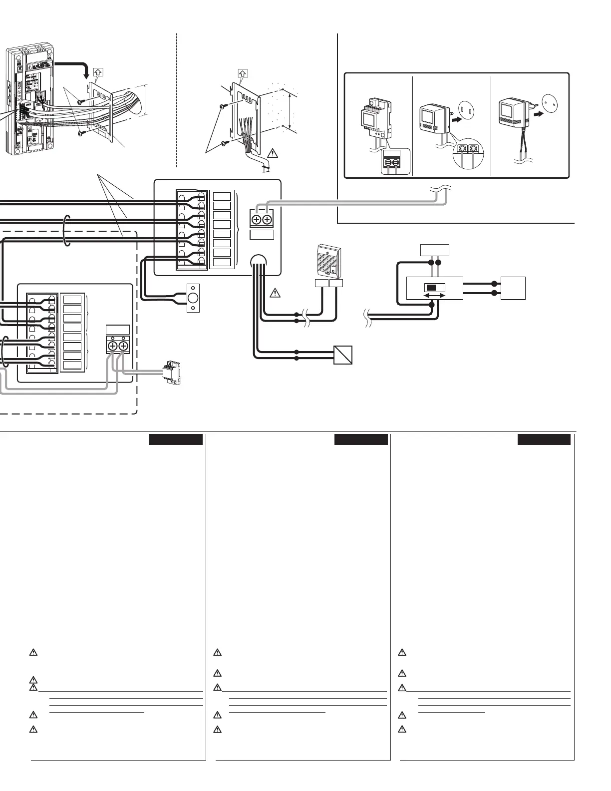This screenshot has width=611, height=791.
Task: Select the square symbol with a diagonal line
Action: coord(342,355)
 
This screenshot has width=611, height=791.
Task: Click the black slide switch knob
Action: coord(430,288)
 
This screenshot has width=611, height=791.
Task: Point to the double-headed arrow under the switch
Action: coord(434,296)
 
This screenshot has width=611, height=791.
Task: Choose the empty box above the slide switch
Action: coord(434,250)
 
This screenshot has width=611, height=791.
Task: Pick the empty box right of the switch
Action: coord(513,288)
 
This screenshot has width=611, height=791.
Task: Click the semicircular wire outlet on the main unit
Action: coord(259,260)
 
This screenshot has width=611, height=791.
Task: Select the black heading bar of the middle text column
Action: coord(361,439)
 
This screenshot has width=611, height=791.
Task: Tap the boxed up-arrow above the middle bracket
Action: coord(244,73)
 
